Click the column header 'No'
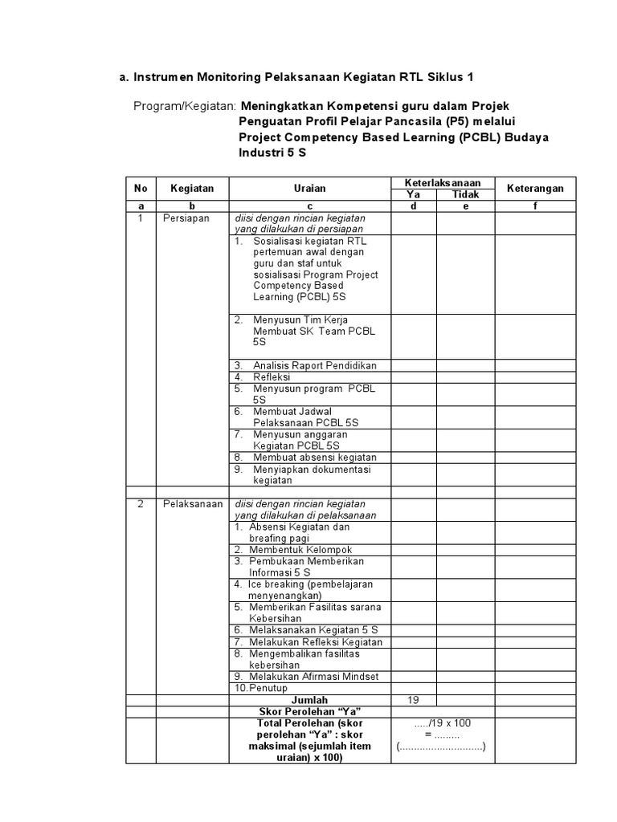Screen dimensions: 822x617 pos(141,188)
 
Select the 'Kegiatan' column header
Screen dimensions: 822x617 pos(192,188)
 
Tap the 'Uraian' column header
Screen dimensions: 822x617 pos(309,188)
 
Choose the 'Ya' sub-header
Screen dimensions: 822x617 pos(414,194)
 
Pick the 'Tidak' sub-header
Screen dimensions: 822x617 pos(465,194)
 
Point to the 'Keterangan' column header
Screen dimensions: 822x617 pos(534,188)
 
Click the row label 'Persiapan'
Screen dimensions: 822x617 pos(186,218)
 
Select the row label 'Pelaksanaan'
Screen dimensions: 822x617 pos(192,503)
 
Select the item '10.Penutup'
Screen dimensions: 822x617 pos(261,688)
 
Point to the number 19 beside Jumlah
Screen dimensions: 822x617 pos(414,700)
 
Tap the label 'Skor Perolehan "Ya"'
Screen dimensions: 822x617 pos(309,711)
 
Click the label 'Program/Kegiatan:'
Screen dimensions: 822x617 pos(185,106)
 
